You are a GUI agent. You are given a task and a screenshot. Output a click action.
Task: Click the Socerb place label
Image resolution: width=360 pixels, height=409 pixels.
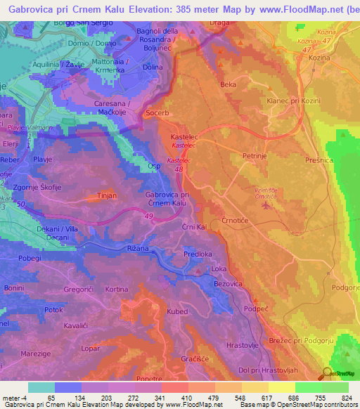point(158,112)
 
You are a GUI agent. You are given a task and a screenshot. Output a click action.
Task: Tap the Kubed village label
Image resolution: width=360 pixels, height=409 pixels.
point(178,311)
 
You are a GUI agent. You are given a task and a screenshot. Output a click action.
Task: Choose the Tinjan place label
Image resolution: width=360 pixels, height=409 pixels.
point(107,196)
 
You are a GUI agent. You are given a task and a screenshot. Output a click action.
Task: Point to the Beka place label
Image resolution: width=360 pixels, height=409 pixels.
point(229,84)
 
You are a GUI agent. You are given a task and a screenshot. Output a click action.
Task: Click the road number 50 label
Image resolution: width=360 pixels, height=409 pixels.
point(20,204)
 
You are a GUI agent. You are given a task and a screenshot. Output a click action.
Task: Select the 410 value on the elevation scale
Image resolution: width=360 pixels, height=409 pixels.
point(186,397)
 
